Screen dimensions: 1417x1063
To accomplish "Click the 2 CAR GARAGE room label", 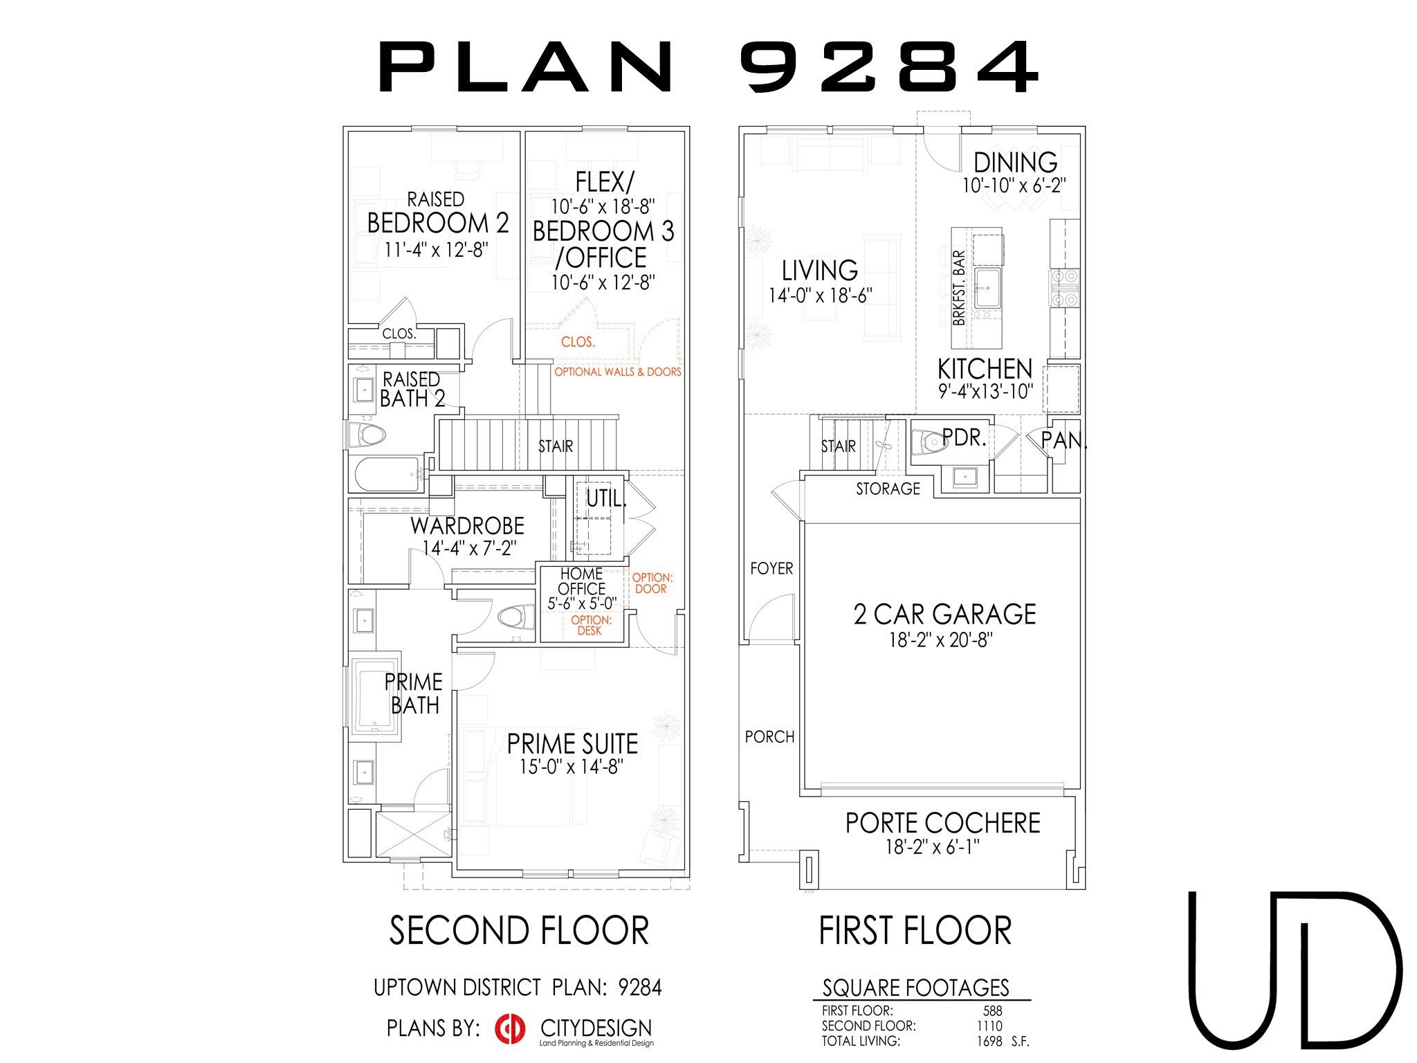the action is coord(944,614).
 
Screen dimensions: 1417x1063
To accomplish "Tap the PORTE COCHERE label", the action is coord(943,823).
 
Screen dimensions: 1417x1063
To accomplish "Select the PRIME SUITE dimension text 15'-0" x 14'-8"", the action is coord(572,766).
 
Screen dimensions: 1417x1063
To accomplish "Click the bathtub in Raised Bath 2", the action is coord(387,474).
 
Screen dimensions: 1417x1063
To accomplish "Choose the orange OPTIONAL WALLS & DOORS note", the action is coord(618,372).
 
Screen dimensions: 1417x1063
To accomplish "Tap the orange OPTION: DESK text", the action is coord(591,625).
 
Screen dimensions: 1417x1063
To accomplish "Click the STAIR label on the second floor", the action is coord(556,446).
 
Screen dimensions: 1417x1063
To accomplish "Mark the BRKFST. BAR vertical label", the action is coord(959,288).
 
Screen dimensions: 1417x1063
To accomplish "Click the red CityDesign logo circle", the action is coord(511,1028).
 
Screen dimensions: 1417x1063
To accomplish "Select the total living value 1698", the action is coord(989,1041).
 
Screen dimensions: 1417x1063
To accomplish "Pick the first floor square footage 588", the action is coord(993,1010).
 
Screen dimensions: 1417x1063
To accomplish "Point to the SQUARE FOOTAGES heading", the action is coord(916,988).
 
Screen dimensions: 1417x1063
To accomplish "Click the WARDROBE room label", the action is coord(467,526).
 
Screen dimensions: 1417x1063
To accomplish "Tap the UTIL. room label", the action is coord(606,498).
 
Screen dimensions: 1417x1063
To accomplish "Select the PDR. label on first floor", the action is coord(964,437).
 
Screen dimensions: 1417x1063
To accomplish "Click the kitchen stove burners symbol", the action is coord(1065,288).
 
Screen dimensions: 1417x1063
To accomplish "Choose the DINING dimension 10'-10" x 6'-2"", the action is coord(1014,185).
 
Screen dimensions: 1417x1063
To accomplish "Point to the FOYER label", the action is coord(771,568).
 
